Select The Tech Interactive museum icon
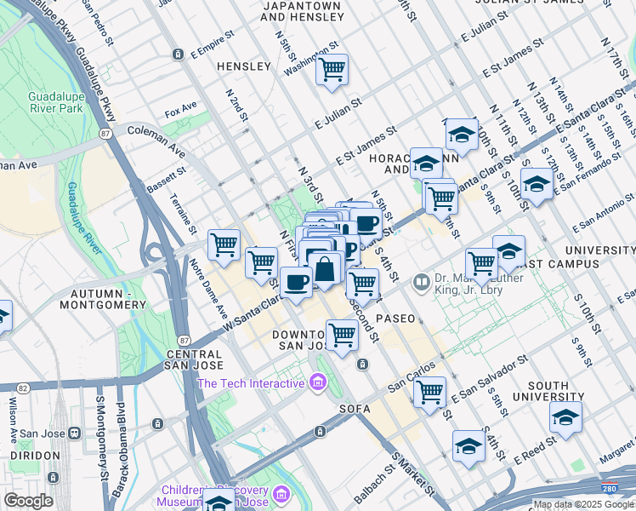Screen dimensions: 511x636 point(318,383)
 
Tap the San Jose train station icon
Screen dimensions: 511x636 point(75,432)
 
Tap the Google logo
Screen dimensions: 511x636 point(28,501)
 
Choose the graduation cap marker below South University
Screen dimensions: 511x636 point(565,418)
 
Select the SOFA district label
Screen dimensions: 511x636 point(355,409)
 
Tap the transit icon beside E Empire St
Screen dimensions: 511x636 point(178,54)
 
